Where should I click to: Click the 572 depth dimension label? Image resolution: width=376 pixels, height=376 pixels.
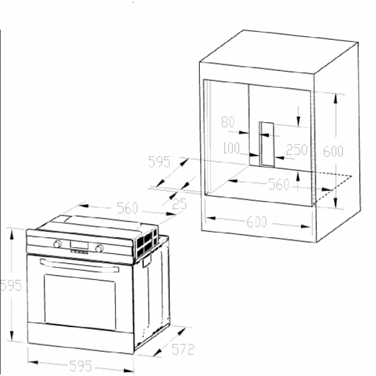[182, 349]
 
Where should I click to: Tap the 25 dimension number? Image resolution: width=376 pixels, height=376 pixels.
[180, 204]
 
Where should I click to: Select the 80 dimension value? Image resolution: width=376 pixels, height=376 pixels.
[228, 122]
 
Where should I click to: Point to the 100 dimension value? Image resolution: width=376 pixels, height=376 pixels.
[231, 148]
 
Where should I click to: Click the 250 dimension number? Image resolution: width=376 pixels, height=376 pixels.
[297, 149]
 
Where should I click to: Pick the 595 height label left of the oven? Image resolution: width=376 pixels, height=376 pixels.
[11, 285]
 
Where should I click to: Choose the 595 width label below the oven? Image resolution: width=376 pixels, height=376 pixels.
[80, 366]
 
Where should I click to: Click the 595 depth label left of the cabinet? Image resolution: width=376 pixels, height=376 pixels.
[159, 161]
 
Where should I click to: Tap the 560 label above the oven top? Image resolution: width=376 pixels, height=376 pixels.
[127, 208]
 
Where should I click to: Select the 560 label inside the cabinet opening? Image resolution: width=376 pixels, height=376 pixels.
[279, 184]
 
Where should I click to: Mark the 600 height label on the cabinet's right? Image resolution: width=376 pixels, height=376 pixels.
[333, 151]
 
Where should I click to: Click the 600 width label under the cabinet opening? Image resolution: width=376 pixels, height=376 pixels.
[256, 222]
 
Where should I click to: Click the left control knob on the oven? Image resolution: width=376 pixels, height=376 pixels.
[57, 244]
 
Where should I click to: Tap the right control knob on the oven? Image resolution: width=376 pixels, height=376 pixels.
[99, 248]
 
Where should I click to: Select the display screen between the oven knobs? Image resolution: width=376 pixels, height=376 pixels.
[79, 245]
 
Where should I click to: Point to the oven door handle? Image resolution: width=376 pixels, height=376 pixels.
[79, 265]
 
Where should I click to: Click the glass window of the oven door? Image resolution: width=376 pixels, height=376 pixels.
[80, 302]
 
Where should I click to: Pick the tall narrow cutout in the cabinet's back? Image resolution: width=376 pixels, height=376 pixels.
[267, 144]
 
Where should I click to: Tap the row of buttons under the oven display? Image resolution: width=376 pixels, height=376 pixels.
[79, 252]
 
